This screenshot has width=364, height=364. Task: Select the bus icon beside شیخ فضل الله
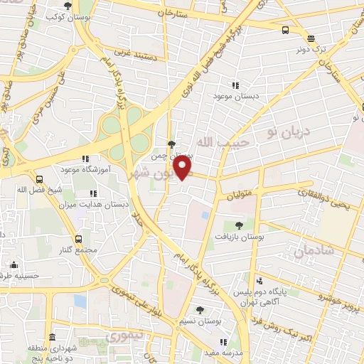38,179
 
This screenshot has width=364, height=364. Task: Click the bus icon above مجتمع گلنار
78,239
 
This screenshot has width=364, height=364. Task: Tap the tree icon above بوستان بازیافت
240,225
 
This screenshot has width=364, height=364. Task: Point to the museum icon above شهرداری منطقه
50,337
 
